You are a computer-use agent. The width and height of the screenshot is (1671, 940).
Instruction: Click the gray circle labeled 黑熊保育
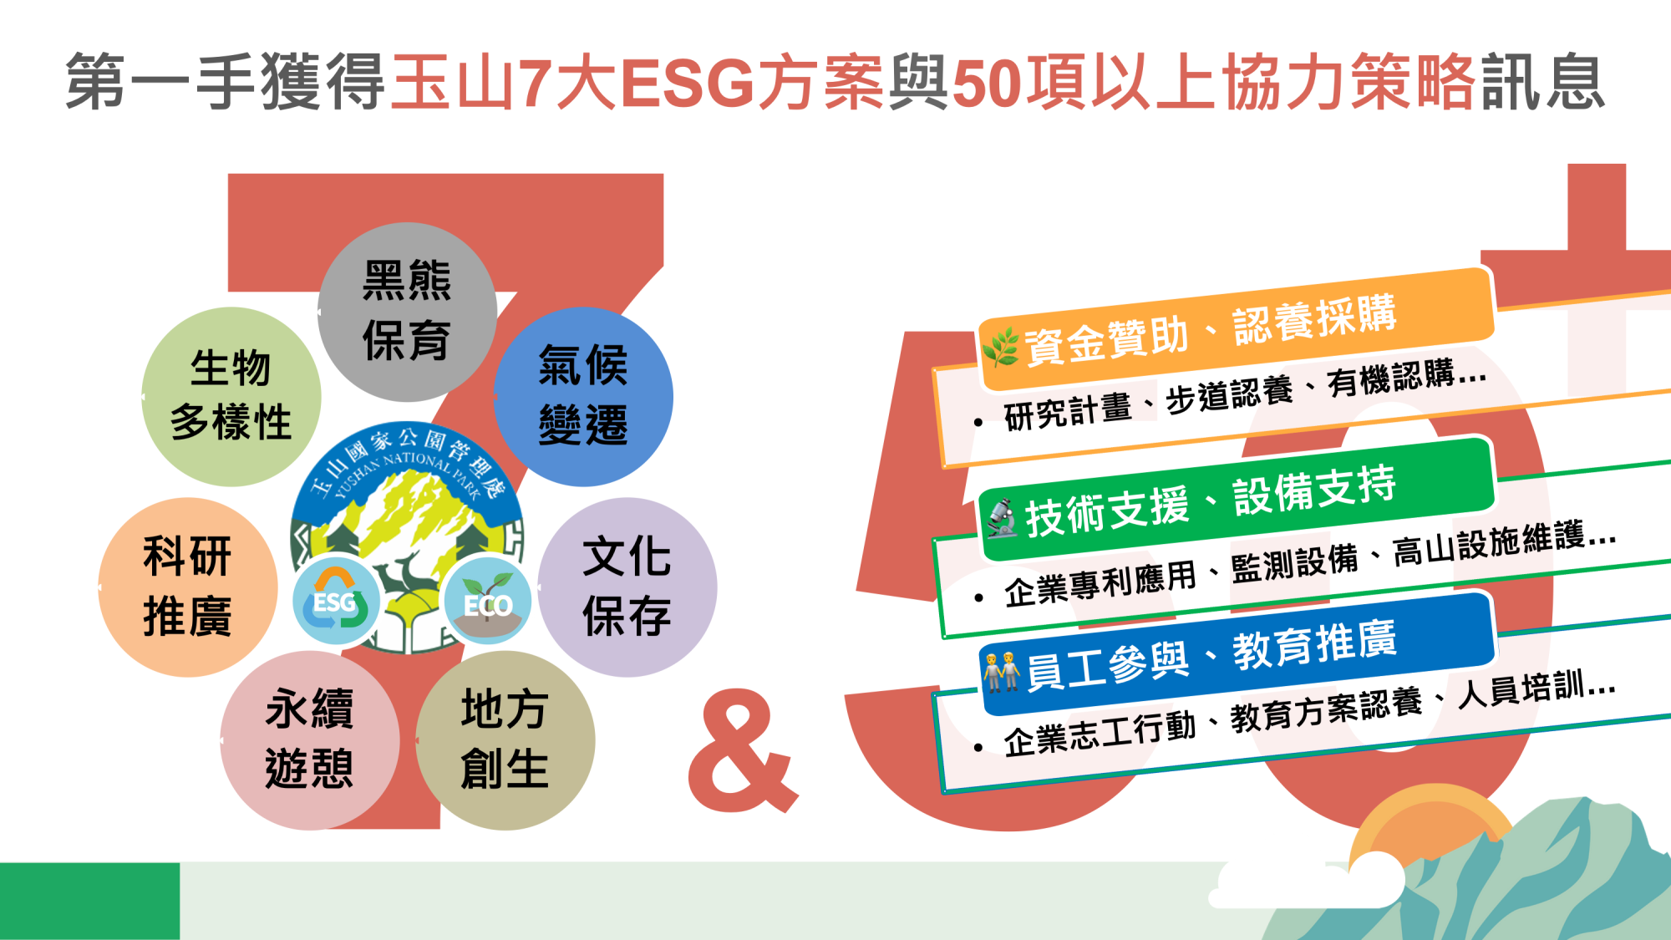pyautogui.click(x=408, y=312)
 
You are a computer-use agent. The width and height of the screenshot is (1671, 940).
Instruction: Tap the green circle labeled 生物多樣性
pyautogui.click(x=231, y=397)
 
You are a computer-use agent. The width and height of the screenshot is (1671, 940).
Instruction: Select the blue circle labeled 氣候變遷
pyautogui.click(x=583, y=397)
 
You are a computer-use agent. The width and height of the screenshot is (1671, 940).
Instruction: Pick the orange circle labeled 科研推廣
pyautogui.click(x=188, y=587)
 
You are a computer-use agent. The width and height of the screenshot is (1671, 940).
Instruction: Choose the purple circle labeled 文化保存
pyautogui.click(x=627, y=587)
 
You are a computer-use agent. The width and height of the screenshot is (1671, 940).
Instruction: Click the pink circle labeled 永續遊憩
pyautogui.click(x=310, y=740)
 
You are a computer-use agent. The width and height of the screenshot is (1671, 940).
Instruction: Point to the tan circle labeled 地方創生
pyautogui.click(x=505, y=740)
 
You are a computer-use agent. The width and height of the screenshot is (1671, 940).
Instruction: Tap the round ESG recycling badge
pyautogui.click(x=336, y=600)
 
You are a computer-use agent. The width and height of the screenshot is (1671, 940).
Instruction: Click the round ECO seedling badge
pyautogui.click(x=488, y=600)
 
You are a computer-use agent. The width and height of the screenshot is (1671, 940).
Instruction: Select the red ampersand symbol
pyautogui.click(x=742, y=751)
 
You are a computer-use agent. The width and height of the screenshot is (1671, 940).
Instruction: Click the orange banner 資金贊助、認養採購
pyautogui.click(x=1236, y=329)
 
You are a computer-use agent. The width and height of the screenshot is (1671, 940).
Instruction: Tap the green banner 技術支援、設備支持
pyautogui.click(x=1236, y=499)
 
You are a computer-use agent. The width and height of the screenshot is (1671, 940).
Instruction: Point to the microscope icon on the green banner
pyautogui.click(x=1003, y=517)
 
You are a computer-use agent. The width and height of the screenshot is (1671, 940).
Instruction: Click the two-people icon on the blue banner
pyautogui.click(x=1002, y=673)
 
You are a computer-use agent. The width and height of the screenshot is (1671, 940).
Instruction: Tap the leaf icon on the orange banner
pyautogui.click(x=1001, y=348)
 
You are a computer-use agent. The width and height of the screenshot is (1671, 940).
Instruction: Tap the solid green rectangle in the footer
pyautogui.click(x=89, y=901)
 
